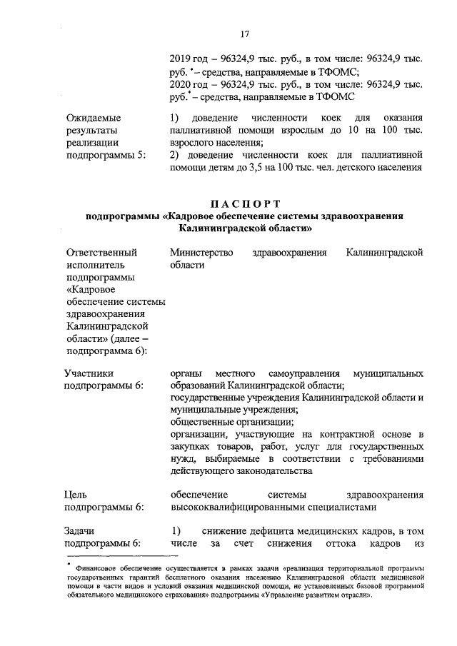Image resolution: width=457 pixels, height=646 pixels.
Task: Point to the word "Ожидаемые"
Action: click(x=93, y=118)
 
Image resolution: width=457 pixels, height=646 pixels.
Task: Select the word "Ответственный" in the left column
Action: click(x=101, y=253)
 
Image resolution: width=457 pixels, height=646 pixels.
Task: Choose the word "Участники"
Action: click(x=88, y=373)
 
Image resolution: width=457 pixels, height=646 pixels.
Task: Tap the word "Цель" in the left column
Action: click(x=76, y=495)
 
